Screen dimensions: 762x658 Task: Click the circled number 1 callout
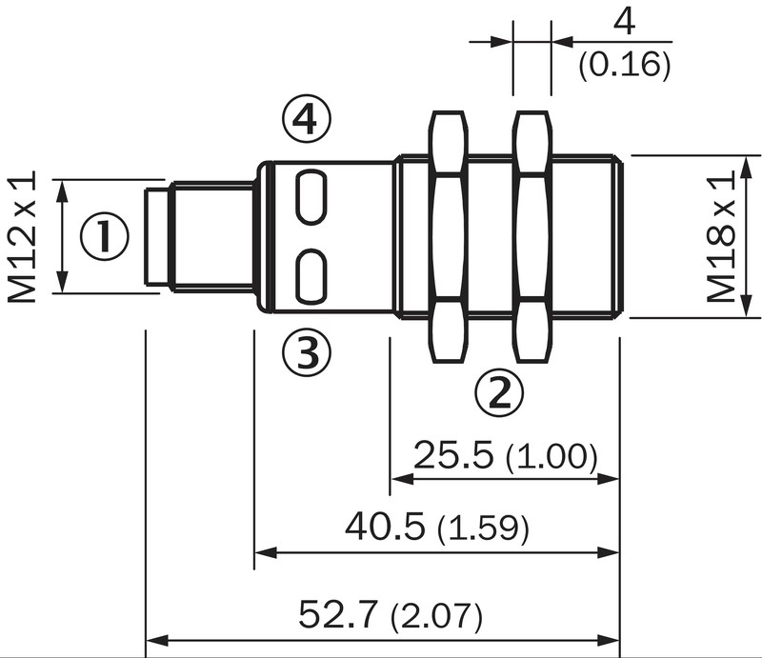click(x=105, y=236)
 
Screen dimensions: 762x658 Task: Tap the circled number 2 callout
click(x=499, y=392)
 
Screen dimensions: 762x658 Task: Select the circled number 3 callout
click(x=307, y=352)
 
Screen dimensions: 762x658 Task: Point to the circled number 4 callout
click(x=307, y=119)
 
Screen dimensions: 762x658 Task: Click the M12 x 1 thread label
click(x=22, y=237)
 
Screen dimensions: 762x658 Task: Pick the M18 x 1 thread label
click(x=721, y=237)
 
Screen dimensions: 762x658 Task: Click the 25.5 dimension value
click(x=453, y=455)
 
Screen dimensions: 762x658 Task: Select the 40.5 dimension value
click(x=385, y=527)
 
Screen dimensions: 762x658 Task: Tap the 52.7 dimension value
click(x=338, y=614)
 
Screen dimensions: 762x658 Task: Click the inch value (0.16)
click(x=625, y=65)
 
